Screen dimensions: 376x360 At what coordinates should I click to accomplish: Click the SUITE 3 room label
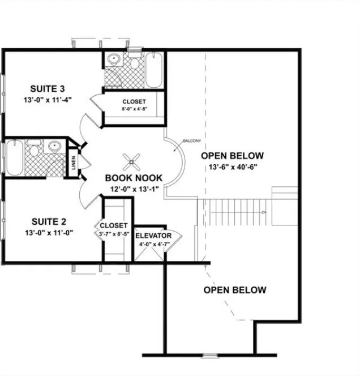click(46, 89)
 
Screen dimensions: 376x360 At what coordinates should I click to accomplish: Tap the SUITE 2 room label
click(46, 221)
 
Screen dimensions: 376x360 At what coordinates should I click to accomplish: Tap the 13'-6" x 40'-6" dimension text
click(232, 167)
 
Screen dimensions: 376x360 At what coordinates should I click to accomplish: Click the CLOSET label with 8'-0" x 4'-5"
click(134, 102)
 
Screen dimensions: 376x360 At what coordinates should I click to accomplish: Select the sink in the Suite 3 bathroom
click(113, 58)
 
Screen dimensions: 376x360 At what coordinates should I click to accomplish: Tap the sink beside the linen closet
click(55, 147)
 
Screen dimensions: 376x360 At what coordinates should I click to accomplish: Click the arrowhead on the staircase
click(264, 212)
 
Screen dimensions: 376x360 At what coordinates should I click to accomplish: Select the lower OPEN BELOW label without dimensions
click(234, 290)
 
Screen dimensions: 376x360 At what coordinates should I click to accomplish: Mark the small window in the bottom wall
click(210, 355)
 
